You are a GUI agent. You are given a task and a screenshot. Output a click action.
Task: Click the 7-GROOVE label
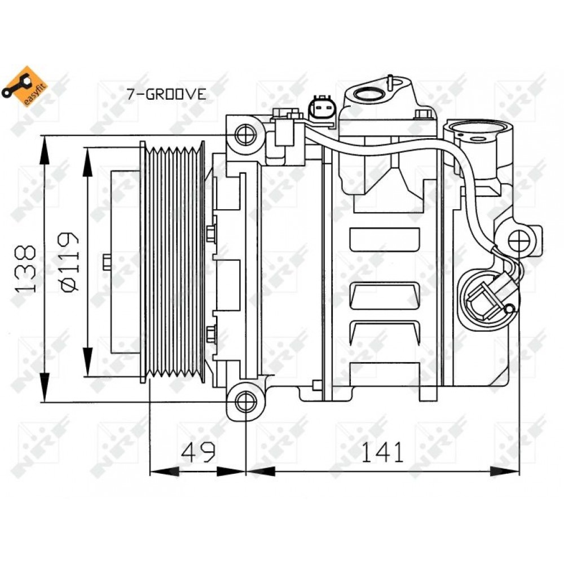(166, 94)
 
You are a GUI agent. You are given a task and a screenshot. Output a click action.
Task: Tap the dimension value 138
(25, 269)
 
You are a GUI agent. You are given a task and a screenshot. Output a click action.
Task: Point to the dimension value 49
(198, 452)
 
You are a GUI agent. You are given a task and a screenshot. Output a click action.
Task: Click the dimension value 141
(382, 452)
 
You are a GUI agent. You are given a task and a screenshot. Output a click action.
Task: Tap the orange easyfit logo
(24, 86)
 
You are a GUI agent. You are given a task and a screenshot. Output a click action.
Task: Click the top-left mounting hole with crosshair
(246, 135)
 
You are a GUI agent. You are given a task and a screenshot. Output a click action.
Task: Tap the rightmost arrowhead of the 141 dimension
(505, 471)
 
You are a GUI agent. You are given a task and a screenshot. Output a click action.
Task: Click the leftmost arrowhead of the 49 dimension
(164, 471)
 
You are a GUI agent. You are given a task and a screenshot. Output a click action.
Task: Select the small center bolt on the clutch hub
(107, 262)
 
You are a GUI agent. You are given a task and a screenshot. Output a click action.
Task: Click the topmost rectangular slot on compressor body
(385, 239)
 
